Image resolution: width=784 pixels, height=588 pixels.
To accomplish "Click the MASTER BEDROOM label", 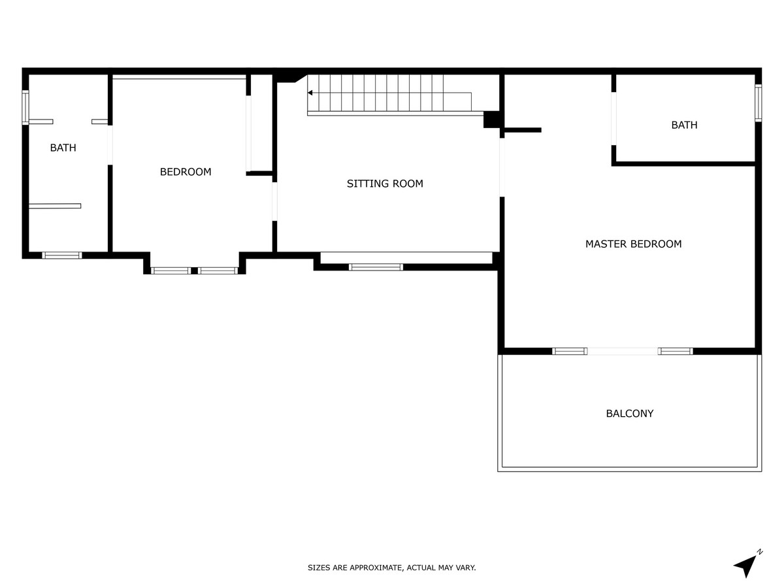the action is (x=633, y=244).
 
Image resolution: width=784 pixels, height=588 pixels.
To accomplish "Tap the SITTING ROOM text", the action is (x=385, y=184).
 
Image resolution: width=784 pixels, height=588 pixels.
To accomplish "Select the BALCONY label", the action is (x=629, y=414).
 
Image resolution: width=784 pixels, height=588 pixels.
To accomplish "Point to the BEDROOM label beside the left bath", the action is (x=186, y=172).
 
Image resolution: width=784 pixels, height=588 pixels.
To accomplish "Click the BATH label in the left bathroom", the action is (x=63, y=148).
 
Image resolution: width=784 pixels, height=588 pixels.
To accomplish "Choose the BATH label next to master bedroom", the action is (x=684, y=125).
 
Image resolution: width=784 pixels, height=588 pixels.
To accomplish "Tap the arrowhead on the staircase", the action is (x=310, y=93).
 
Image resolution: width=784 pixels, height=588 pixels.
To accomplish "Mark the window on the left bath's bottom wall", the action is (x=62, y=255).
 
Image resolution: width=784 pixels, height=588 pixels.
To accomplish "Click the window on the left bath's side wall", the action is (x=25, y=108).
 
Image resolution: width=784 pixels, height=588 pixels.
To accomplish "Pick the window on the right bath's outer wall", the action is (x=758, y=103).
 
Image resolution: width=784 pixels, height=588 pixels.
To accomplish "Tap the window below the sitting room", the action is (x=376, y=267).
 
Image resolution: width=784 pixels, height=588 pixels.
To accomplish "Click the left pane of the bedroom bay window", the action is (x=171, y=270).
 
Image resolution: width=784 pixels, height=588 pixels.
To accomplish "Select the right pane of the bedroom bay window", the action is (x=218, y=270).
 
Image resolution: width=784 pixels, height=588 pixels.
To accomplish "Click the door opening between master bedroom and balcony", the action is (x=622, y=351).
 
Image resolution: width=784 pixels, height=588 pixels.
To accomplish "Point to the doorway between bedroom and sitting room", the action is (x=274, y=201).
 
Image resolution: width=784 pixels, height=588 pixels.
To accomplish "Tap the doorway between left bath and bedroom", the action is (x=110, y=145).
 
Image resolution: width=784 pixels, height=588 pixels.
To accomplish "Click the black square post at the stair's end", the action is (x=491, y=120).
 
